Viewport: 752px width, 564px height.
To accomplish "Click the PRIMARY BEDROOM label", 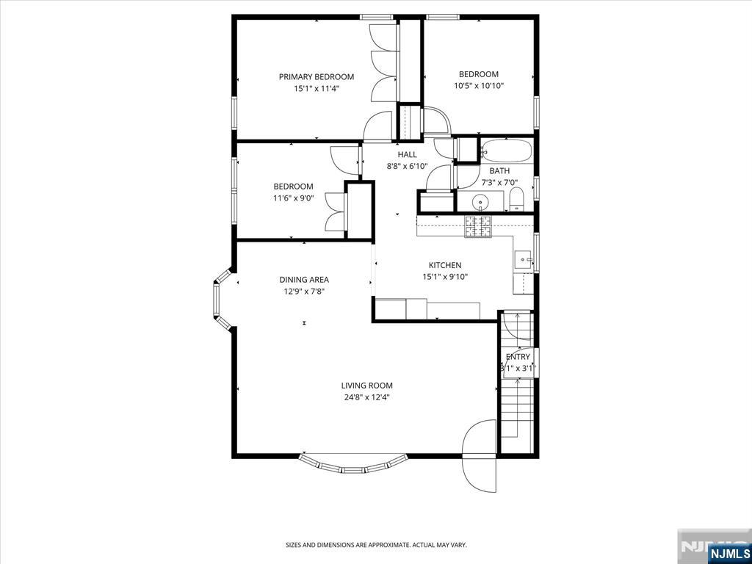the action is [x=317, y=76].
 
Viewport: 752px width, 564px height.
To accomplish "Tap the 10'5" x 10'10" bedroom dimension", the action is [x=479, y=86].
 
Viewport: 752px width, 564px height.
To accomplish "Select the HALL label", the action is [x=407, y=154].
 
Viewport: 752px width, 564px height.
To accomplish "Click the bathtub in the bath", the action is [x=506, y=151].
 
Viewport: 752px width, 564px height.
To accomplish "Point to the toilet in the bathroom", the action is [x=516, y=200].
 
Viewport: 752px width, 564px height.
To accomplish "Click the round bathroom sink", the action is [x=480, y=203].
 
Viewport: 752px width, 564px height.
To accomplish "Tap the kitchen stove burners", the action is [x=477, y=226].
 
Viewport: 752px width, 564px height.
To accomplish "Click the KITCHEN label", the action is [x=444, y=265].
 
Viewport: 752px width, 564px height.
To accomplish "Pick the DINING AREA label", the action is [x=304, y=280].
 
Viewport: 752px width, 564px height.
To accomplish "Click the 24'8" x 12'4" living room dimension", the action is [x=367, y=397].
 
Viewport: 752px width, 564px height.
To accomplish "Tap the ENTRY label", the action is [x=518, y=357].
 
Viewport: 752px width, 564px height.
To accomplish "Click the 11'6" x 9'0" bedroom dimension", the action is [x=293, y=198].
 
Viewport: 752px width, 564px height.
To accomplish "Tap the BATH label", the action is [x=499, y=170].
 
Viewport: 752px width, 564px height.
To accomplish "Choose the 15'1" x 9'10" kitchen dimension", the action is [x=444, y=277].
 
